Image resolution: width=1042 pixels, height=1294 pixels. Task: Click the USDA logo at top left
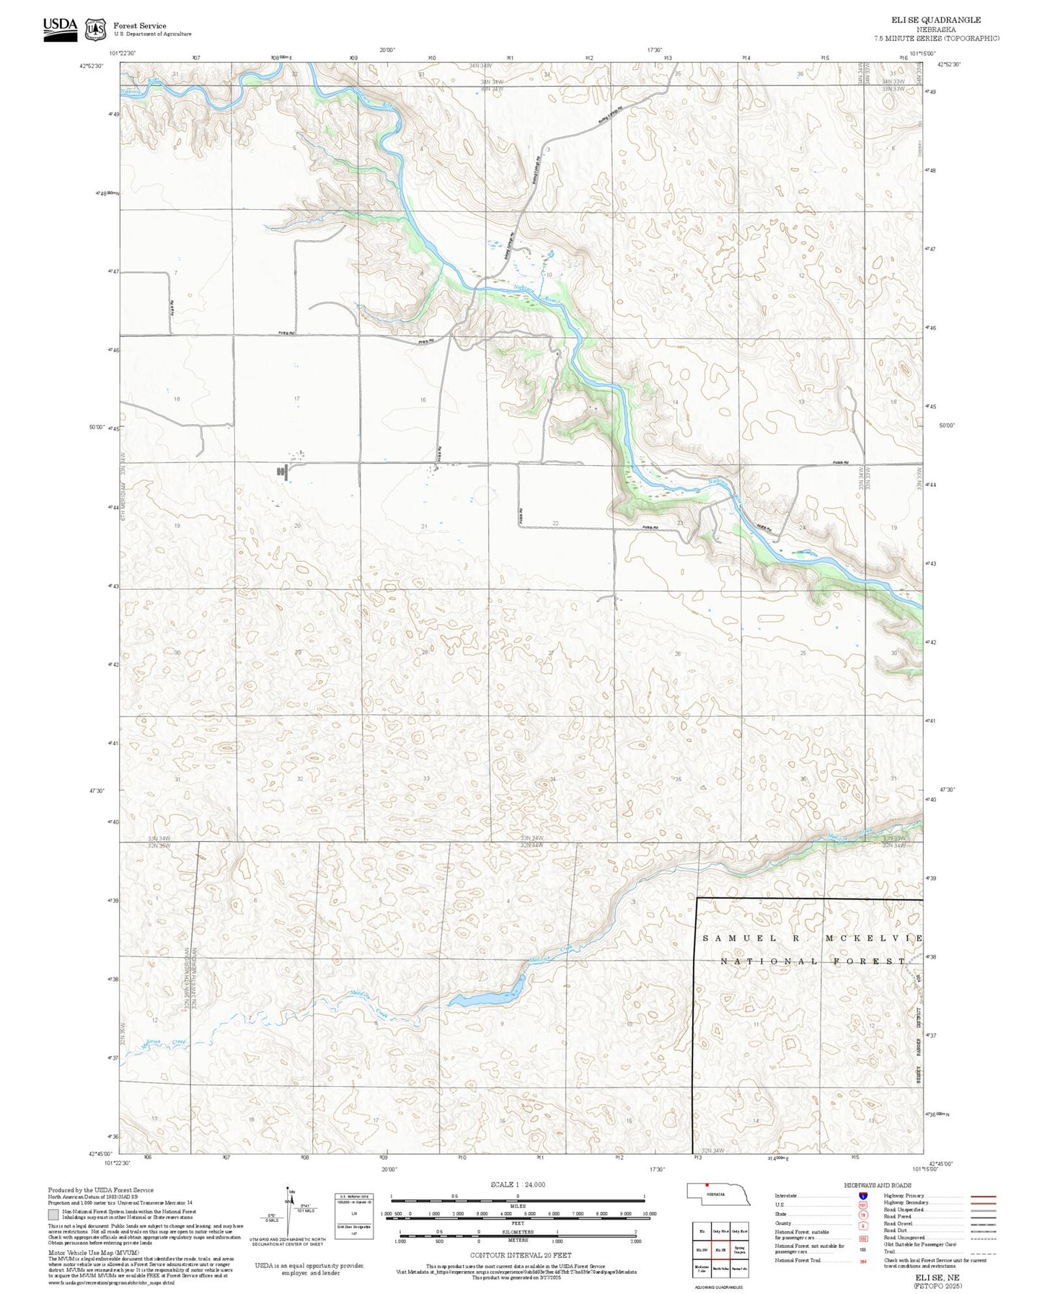pos(60,28)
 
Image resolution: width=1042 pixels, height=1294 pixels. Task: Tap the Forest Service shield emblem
pos(94,30)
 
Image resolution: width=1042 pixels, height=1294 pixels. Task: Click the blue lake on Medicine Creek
pos(487,998)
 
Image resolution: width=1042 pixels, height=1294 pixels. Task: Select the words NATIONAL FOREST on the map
pos(813,961)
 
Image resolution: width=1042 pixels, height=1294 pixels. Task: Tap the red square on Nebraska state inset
pos(707,1184)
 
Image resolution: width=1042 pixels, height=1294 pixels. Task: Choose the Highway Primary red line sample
pos(983,1196)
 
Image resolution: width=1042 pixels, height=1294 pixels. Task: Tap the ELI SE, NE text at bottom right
pos(937,1277)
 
